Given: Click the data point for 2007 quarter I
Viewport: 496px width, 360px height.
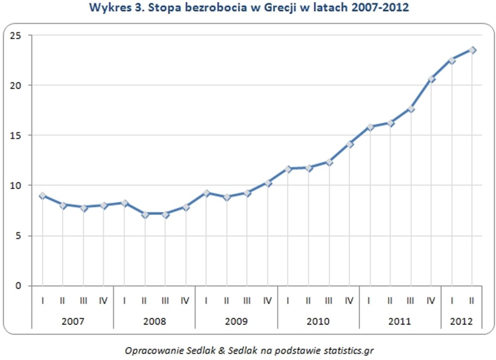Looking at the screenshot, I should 42,195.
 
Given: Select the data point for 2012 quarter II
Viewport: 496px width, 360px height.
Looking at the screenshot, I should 472,50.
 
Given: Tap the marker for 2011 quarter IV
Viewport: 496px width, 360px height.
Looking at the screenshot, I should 431,79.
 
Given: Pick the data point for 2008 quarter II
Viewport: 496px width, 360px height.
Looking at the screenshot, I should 145,215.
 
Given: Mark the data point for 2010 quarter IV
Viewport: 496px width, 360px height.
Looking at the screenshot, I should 349,144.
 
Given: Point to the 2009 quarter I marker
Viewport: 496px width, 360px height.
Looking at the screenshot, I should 206,193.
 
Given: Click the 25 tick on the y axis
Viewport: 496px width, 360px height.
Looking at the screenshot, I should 18,35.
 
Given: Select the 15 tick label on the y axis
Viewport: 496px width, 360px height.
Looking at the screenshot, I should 18,135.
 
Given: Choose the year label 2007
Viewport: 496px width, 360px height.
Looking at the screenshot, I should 73,322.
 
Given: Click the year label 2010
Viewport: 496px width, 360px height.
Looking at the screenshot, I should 318,322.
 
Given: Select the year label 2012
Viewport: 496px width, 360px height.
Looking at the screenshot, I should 462,322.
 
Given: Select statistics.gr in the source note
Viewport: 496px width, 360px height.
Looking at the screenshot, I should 347,350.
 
